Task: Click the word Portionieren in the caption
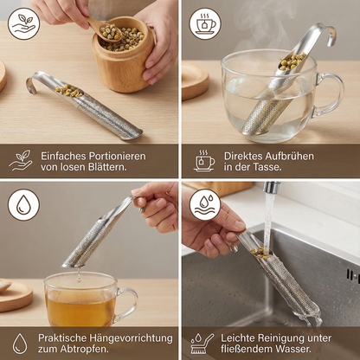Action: [x=117, y=156]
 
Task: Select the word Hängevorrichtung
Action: [x=131, y=338]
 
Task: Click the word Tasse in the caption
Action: [x=267, y=167]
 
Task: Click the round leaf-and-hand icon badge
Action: [x=23, y=23]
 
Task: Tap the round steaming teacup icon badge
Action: [x=205, y=23]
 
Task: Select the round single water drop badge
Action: [x=23, y=205]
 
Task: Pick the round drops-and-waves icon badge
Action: [x=205, y=205]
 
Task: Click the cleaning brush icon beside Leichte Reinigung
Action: [x=202, y=344]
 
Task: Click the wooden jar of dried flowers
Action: [x=124, y=55]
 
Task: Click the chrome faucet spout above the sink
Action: [x=271, y=188]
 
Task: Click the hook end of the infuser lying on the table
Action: [x=32, y=84]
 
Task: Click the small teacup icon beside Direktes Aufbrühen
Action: [x=204, y=161]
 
